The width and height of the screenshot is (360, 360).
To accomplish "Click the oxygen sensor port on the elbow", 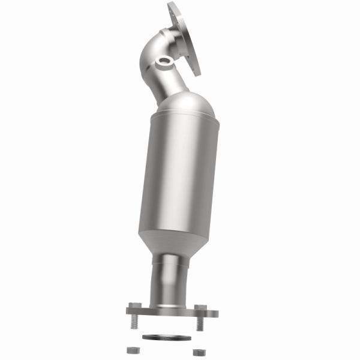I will (164, 62).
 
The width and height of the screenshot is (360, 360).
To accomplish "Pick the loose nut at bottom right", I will (195, 350).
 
